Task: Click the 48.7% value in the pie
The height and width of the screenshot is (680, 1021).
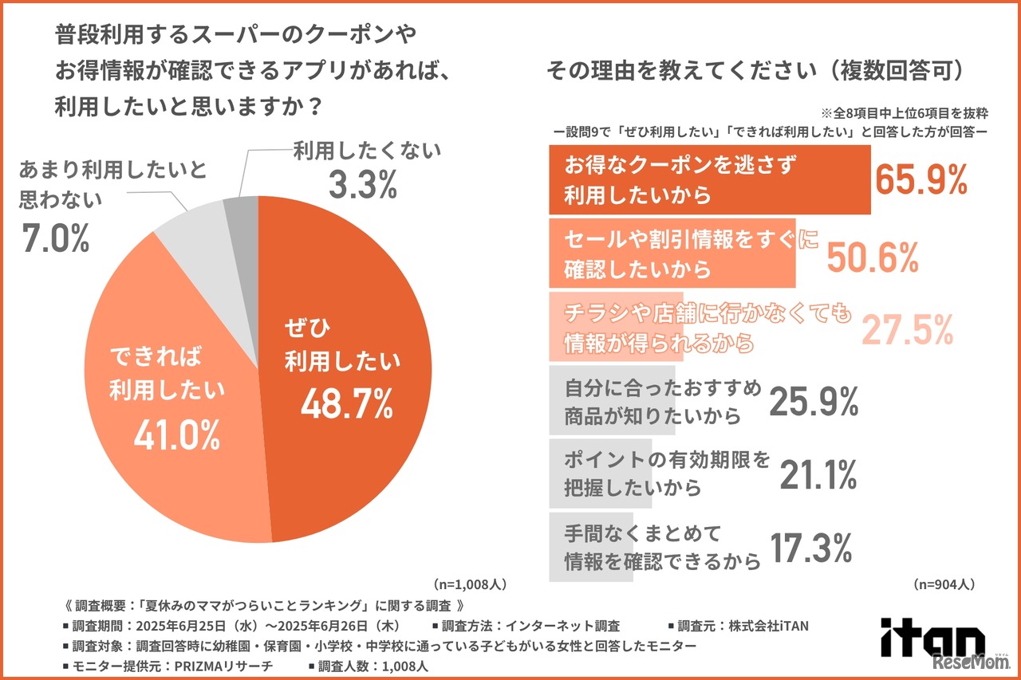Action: [346, 405]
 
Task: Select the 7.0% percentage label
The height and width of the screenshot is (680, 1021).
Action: [55, 238]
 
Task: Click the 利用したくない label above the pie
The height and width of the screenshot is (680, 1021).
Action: [367, 151]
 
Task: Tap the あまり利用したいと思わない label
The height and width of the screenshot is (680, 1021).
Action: [112, 185]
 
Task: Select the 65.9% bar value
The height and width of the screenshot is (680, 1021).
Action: [921, 180]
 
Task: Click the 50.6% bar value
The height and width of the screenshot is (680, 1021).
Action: [873, 256]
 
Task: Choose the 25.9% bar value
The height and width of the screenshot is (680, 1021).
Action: [814, 402]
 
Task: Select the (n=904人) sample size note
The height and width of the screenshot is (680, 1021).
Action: [944, 584]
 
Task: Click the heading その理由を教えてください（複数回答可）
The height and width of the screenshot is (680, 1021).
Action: [757, 70]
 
